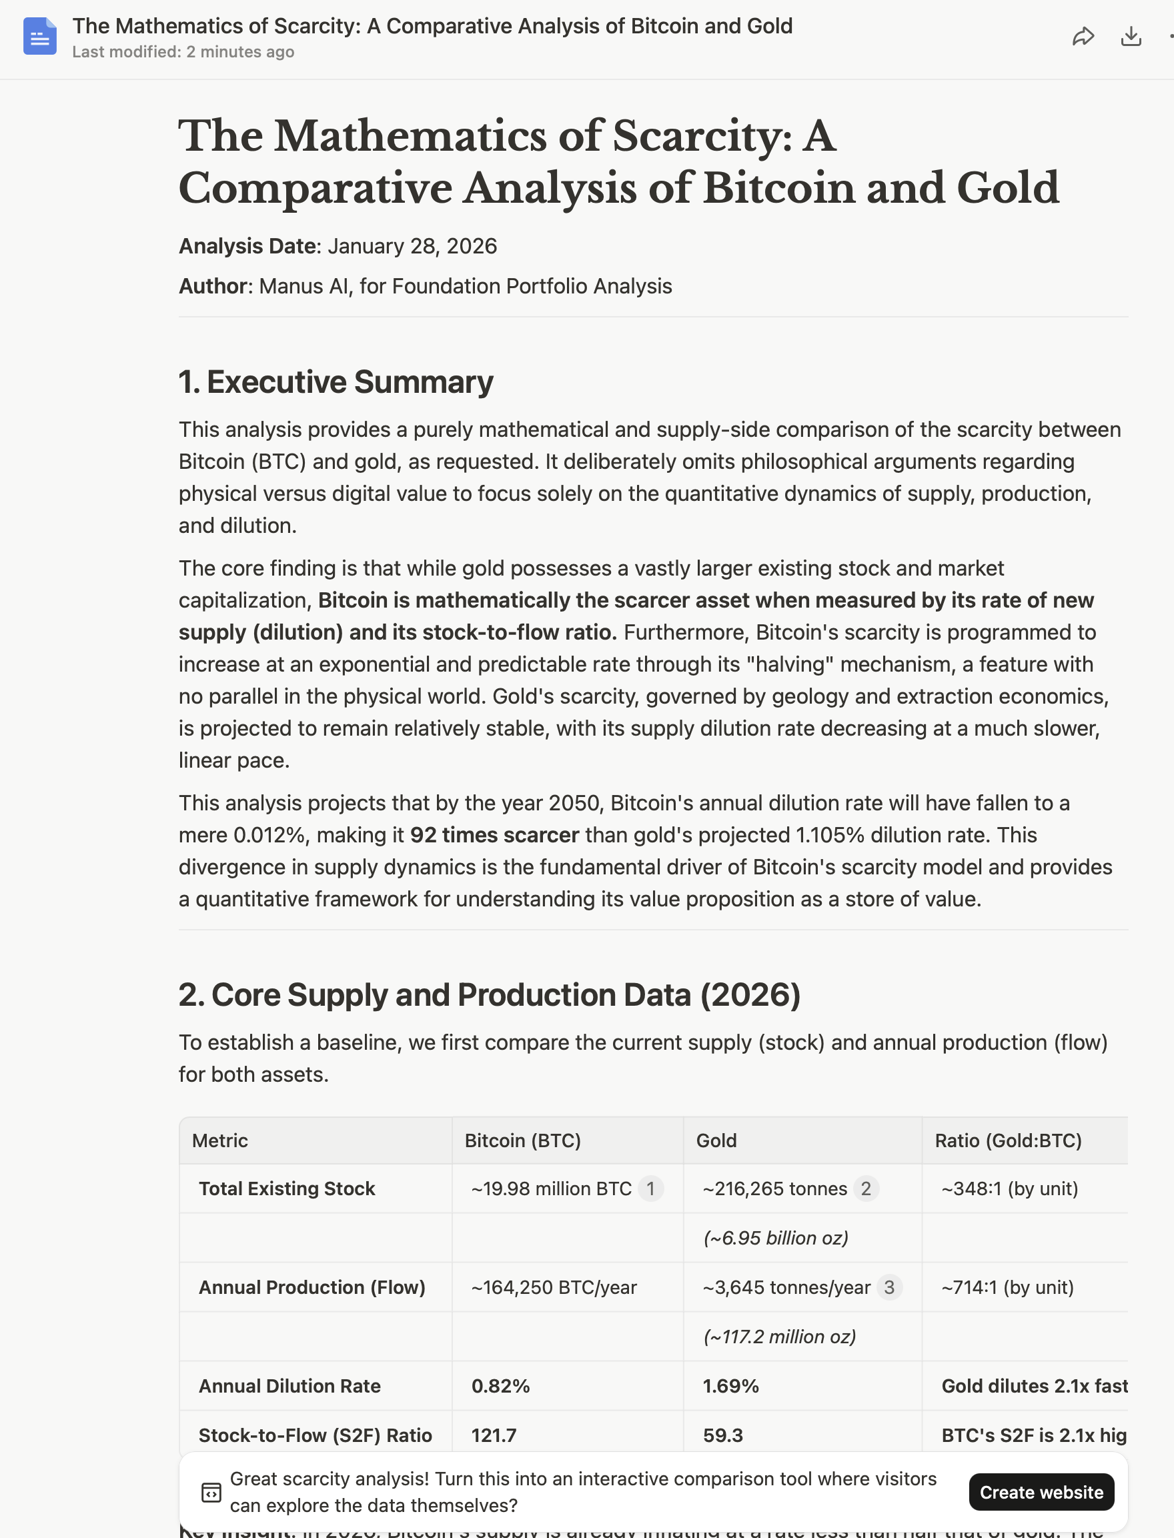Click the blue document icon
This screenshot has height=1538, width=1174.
tap(40, 36)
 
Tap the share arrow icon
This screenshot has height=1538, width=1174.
tap(1083, 36)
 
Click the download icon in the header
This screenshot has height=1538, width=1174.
tap(1131, 36)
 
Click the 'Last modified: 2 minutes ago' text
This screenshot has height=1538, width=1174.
tap(183, 53)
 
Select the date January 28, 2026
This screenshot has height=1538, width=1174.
tap(412, 246)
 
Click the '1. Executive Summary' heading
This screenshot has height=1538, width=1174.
tap(336, 381)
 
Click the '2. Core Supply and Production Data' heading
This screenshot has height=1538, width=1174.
tap(489, 994)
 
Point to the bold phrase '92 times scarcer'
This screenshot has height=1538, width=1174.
tap(494, 835)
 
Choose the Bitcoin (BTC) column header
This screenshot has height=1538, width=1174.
tap(522, 1140)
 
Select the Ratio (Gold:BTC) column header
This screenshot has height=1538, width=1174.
tap(1008, 1140)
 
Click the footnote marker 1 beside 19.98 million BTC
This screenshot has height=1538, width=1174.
tap(650, 1189)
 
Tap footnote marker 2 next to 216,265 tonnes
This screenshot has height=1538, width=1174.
tap(866, 1189)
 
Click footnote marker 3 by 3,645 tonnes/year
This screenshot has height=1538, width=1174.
tap(889, 1287)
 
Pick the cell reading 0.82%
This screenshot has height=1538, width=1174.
tap(500, 1386)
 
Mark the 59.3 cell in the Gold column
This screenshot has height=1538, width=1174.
tap(722, 1435)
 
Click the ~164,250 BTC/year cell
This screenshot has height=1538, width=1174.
tap(554, 1287)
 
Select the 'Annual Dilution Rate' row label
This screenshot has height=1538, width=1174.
tap(289, 1386)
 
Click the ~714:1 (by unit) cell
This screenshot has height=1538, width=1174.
tap(1007, 1287)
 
